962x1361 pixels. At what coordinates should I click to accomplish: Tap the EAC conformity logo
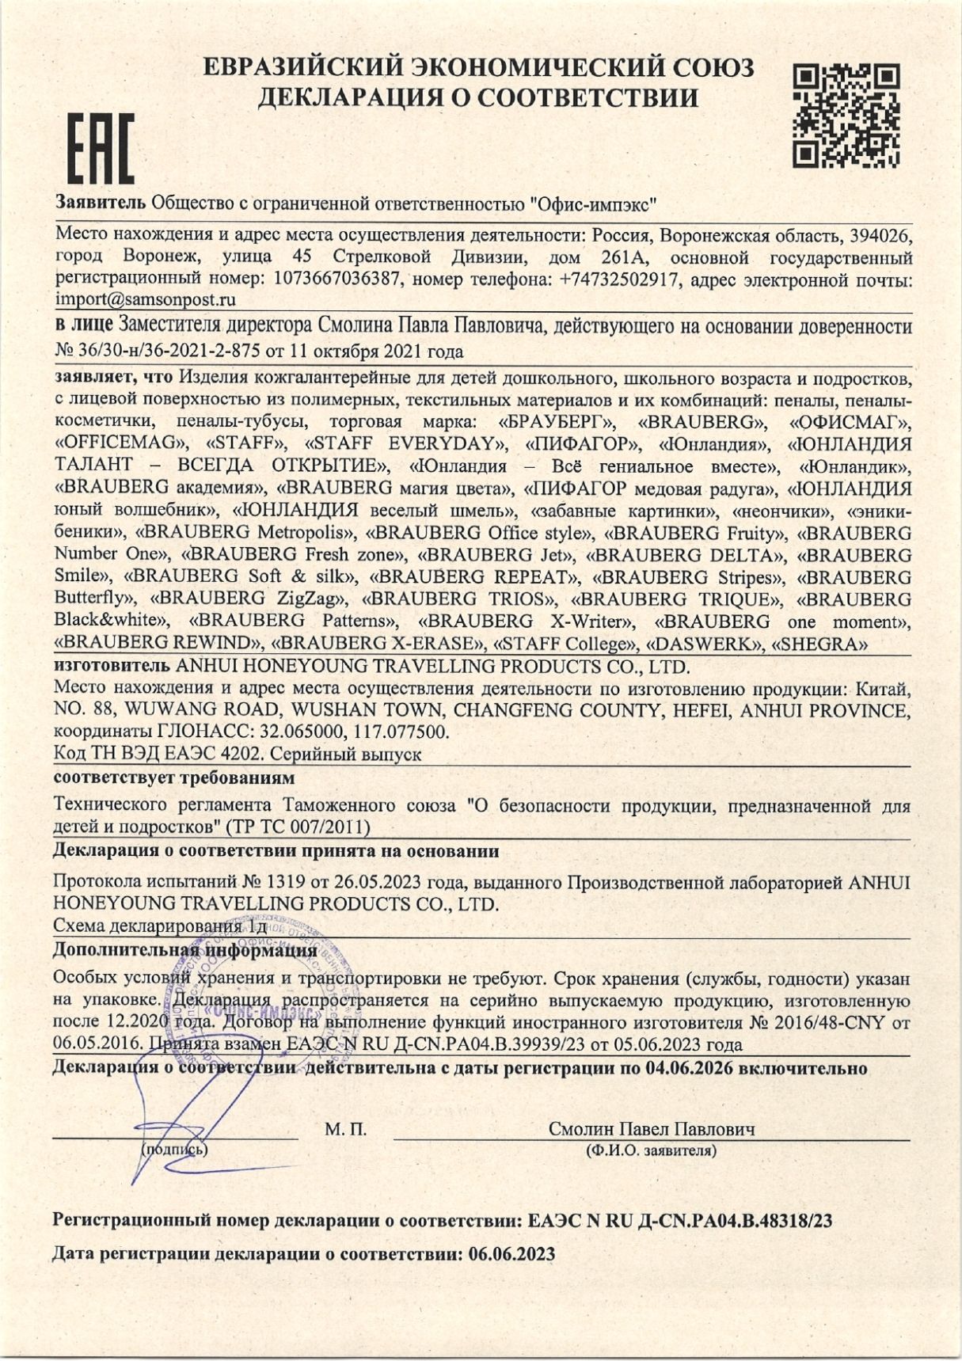[x=100, y=147]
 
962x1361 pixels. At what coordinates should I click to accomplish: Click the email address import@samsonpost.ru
[x=146, y=300]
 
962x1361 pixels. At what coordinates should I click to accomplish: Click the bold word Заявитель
[x=100, y=203]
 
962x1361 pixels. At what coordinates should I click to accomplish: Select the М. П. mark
[x=345, y=1130]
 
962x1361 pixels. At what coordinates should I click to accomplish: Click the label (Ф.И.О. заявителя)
[x=651, y=1150]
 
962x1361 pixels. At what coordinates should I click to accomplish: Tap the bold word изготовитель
[x=111, y=666]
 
